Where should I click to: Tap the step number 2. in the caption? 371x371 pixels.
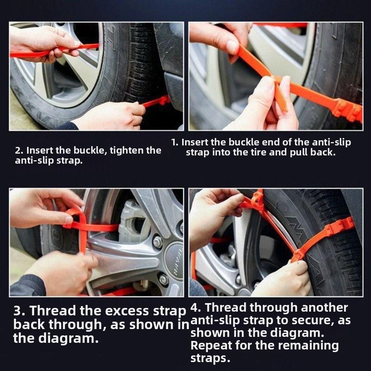click(x=19, y=151)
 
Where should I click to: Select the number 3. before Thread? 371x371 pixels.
click(x=19, y=311)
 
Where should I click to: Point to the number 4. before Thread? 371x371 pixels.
click(x=196, y=308)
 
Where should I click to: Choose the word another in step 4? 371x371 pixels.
click(x=325, y=308)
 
